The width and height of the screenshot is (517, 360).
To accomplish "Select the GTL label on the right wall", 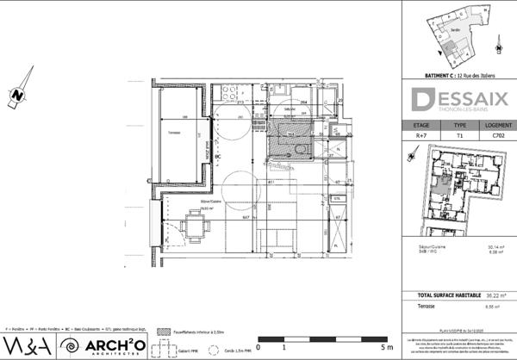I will point(337,198).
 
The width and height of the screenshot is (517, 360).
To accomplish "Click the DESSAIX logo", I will point(459,101).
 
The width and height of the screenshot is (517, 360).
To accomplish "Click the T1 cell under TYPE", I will point(459,136).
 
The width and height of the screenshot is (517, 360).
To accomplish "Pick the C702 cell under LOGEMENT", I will point(497,136).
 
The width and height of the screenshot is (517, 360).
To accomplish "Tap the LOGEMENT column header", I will point(497,125).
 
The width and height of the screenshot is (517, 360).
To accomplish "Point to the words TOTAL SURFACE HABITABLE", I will point(438,295).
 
